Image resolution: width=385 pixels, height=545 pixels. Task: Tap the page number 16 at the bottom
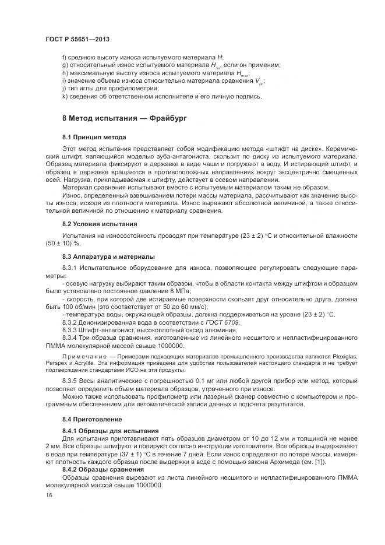[x=49, y=495]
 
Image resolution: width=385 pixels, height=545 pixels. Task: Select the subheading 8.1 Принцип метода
[x=94, y=137]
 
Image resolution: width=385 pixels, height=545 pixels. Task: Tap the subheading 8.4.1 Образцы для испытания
[x=103, y=430]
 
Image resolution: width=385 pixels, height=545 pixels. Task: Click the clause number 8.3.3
[x=70, y=330]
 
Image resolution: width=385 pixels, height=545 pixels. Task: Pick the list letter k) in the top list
[x=65, y=96]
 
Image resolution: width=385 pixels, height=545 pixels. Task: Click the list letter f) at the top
[x=64, y=57]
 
